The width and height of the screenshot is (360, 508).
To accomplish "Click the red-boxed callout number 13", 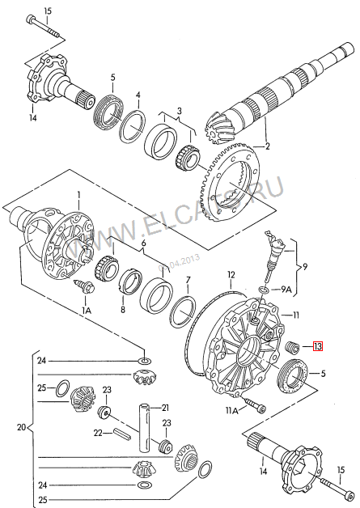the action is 318,346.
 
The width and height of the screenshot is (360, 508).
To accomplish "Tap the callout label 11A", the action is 231,411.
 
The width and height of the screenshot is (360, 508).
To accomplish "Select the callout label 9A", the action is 286,290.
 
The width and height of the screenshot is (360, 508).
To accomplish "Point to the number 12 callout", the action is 231,275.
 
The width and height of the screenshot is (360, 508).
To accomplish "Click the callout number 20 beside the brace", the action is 21,427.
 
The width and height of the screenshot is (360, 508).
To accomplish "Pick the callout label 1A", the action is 87,311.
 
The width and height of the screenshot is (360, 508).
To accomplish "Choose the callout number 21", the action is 165,408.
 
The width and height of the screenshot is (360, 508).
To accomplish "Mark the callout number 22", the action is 98,433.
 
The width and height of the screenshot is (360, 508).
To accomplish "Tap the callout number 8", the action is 123,309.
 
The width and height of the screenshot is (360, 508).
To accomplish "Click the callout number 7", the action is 188,280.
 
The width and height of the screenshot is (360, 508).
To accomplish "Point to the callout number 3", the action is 179,111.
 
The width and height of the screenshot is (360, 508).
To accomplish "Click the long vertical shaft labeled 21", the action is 145,427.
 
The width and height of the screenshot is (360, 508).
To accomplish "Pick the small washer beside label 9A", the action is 264,290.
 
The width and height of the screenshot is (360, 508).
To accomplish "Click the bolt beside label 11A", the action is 256,404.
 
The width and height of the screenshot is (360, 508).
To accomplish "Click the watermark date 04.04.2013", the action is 179,263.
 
